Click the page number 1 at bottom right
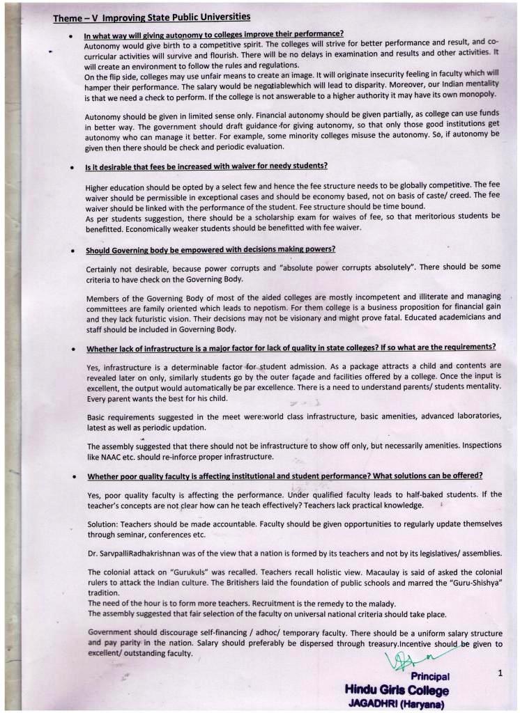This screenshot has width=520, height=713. tap(500, 673)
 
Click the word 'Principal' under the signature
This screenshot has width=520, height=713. tap(430, 676)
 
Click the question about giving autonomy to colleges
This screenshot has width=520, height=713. tap(213, 33)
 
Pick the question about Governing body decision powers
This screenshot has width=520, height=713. tap(211, 249)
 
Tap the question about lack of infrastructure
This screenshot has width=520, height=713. tap(291, 347)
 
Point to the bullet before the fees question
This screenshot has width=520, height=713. tap(72, 167)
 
